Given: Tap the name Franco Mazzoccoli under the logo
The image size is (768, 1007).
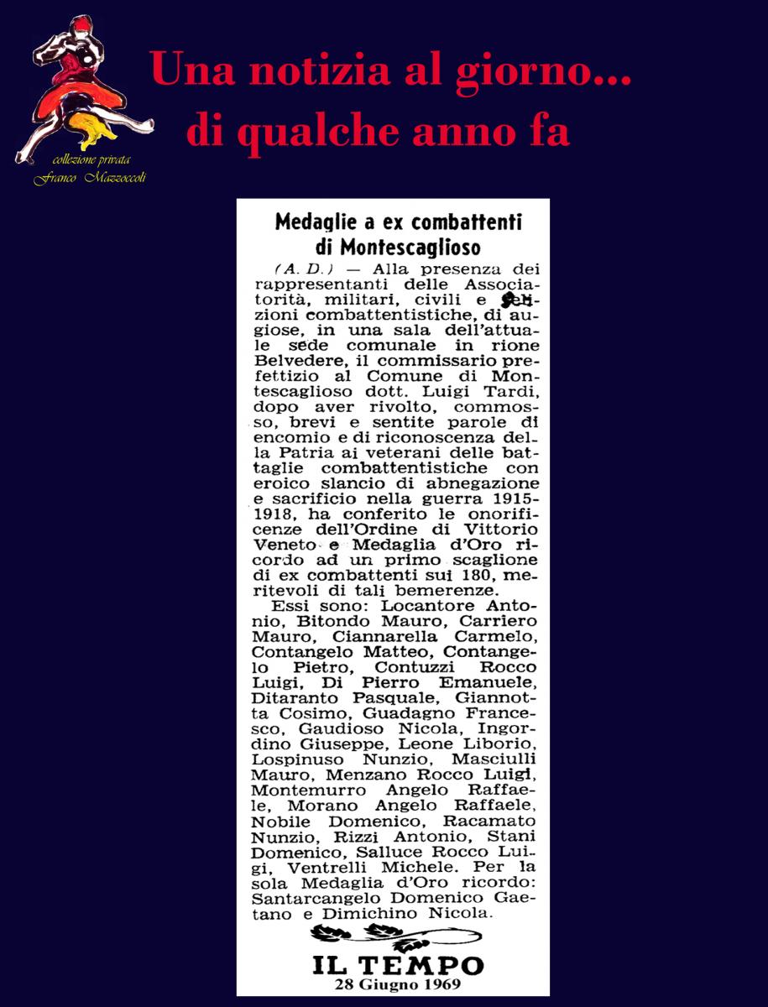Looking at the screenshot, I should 89,179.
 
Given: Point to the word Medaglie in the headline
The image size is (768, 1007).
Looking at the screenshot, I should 317,222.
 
